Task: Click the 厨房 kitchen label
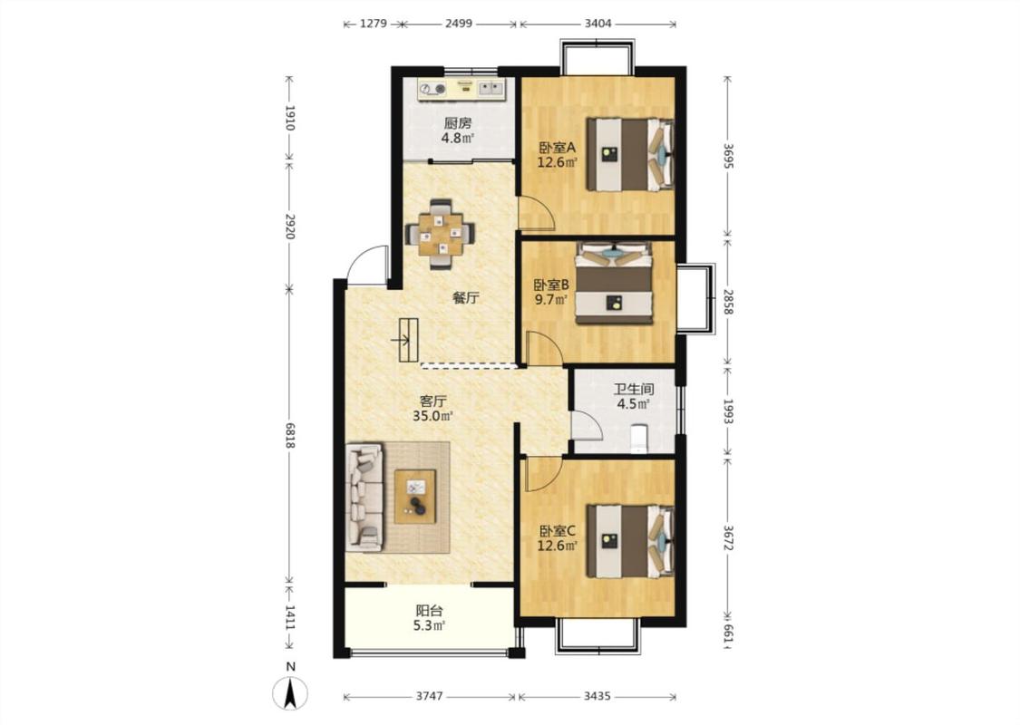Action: tap(457, 123)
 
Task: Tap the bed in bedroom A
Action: tap(630, 154)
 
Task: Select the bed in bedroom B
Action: tap(614, 283)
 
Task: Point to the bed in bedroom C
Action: tap(630, 541)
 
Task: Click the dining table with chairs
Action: tap(440, 234)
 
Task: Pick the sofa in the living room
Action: tap(364, 498)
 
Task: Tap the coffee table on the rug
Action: tap(415, 496)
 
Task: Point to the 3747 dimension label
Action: tap(430, 696)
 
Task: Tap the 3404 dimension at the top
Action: tap(597, 24)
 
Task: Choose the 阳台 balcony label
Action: tap(430, 611)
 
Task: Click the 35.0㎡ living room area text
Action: tap(432, 416)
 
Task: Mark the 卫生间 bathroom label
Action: tap(634, 390)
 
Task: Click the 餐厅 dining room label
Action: tap(466, 298)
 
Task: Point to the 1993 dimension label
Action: tap(728, 411)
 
